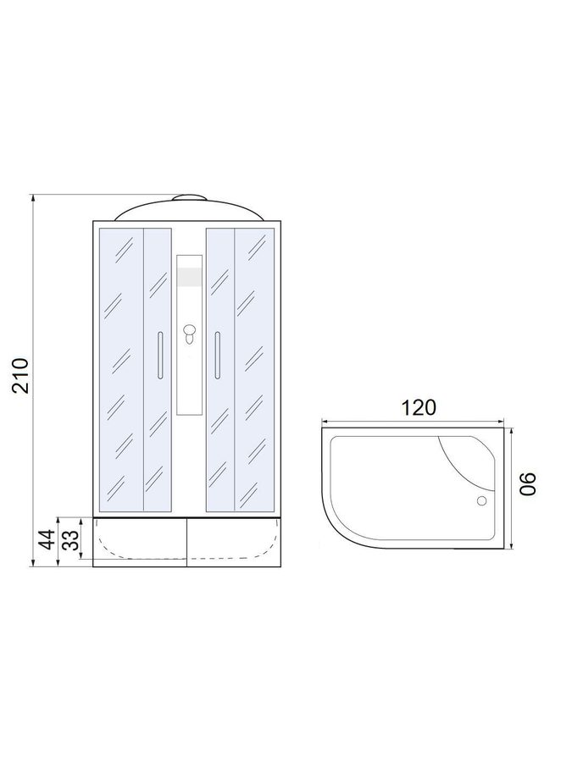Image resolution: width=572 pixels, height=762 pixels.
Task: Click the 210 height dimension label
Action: click(21, 375)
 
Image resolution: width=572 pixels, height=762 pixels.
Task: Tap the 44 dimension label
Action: click(47, 539)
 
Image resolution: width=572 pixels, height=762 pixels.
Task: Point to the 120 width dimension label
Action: click(419, 407)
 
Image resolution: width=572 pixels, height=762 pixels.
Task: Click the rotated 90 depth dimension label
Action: click(528, 483)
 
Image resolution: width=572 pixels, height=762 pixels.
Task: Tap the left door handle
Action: click(160, 354)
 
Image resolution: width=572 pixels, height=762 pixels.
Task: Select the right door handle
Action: click(218, 354)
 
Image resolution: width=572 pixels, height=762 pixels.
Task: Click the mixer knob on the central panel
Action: click(189, 334)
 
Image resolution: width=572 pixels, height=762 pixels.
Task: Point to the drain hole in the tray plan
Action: click(482, 500)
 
